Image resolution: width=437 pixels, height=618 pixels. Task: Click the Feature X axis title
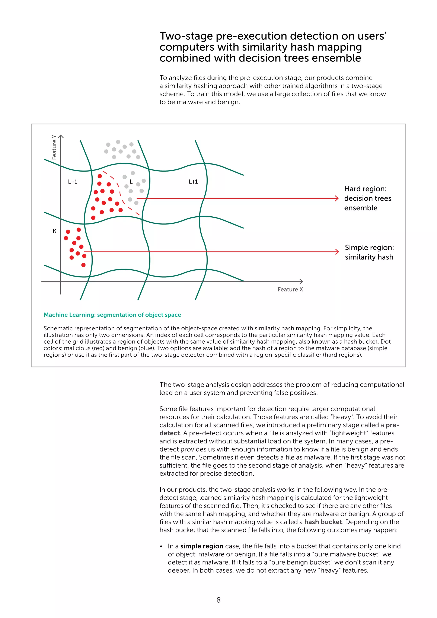[290, 289]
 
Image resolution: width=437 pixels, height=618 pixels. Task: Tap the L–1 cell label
[73, 182]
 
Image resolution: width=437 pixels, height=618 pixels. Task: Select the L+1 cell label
[193, 182]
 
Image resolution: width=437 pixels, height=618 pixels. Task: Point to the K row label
[55, 231]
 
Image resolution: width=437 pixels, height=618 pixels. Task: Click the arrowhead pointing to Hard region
[337, 198]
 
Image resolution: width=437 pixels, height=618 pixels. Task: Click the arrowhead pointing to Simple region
[337, 252]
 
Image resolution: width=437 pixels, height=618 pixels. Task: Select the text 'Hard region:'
[365, 189]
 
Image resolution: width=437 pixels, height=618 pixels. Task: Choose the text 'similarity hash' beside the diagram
[369, 257]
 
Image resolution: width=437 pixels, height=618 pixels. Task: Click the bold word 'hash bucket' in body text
[323, 522]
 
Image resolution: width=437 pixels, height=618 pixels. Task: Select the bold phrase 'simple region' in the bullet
[202, 546]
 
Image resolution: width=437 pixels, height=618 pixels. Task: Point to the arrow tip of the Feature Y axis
[61, 136]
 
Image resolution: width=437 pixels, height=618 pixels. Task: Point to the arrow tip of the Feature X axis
[302, 282]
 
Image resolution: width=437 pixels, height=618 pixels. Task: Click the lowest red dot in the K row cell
[83, 265]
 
